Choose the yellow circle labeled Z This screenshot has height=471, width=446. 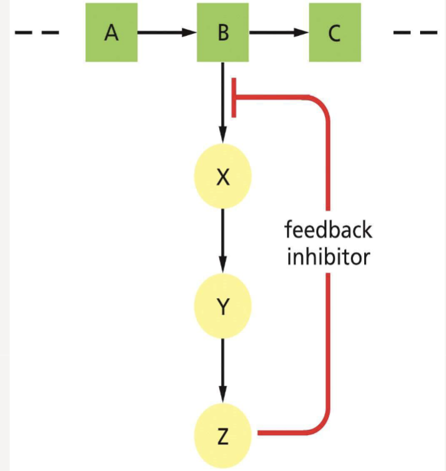click(223, 435)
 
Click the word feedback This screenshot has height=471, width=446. click(328, 231)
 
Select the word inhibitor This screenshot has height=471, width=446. click(328, 257)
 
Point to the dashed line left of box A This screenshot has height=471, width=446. click(36, 33)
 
